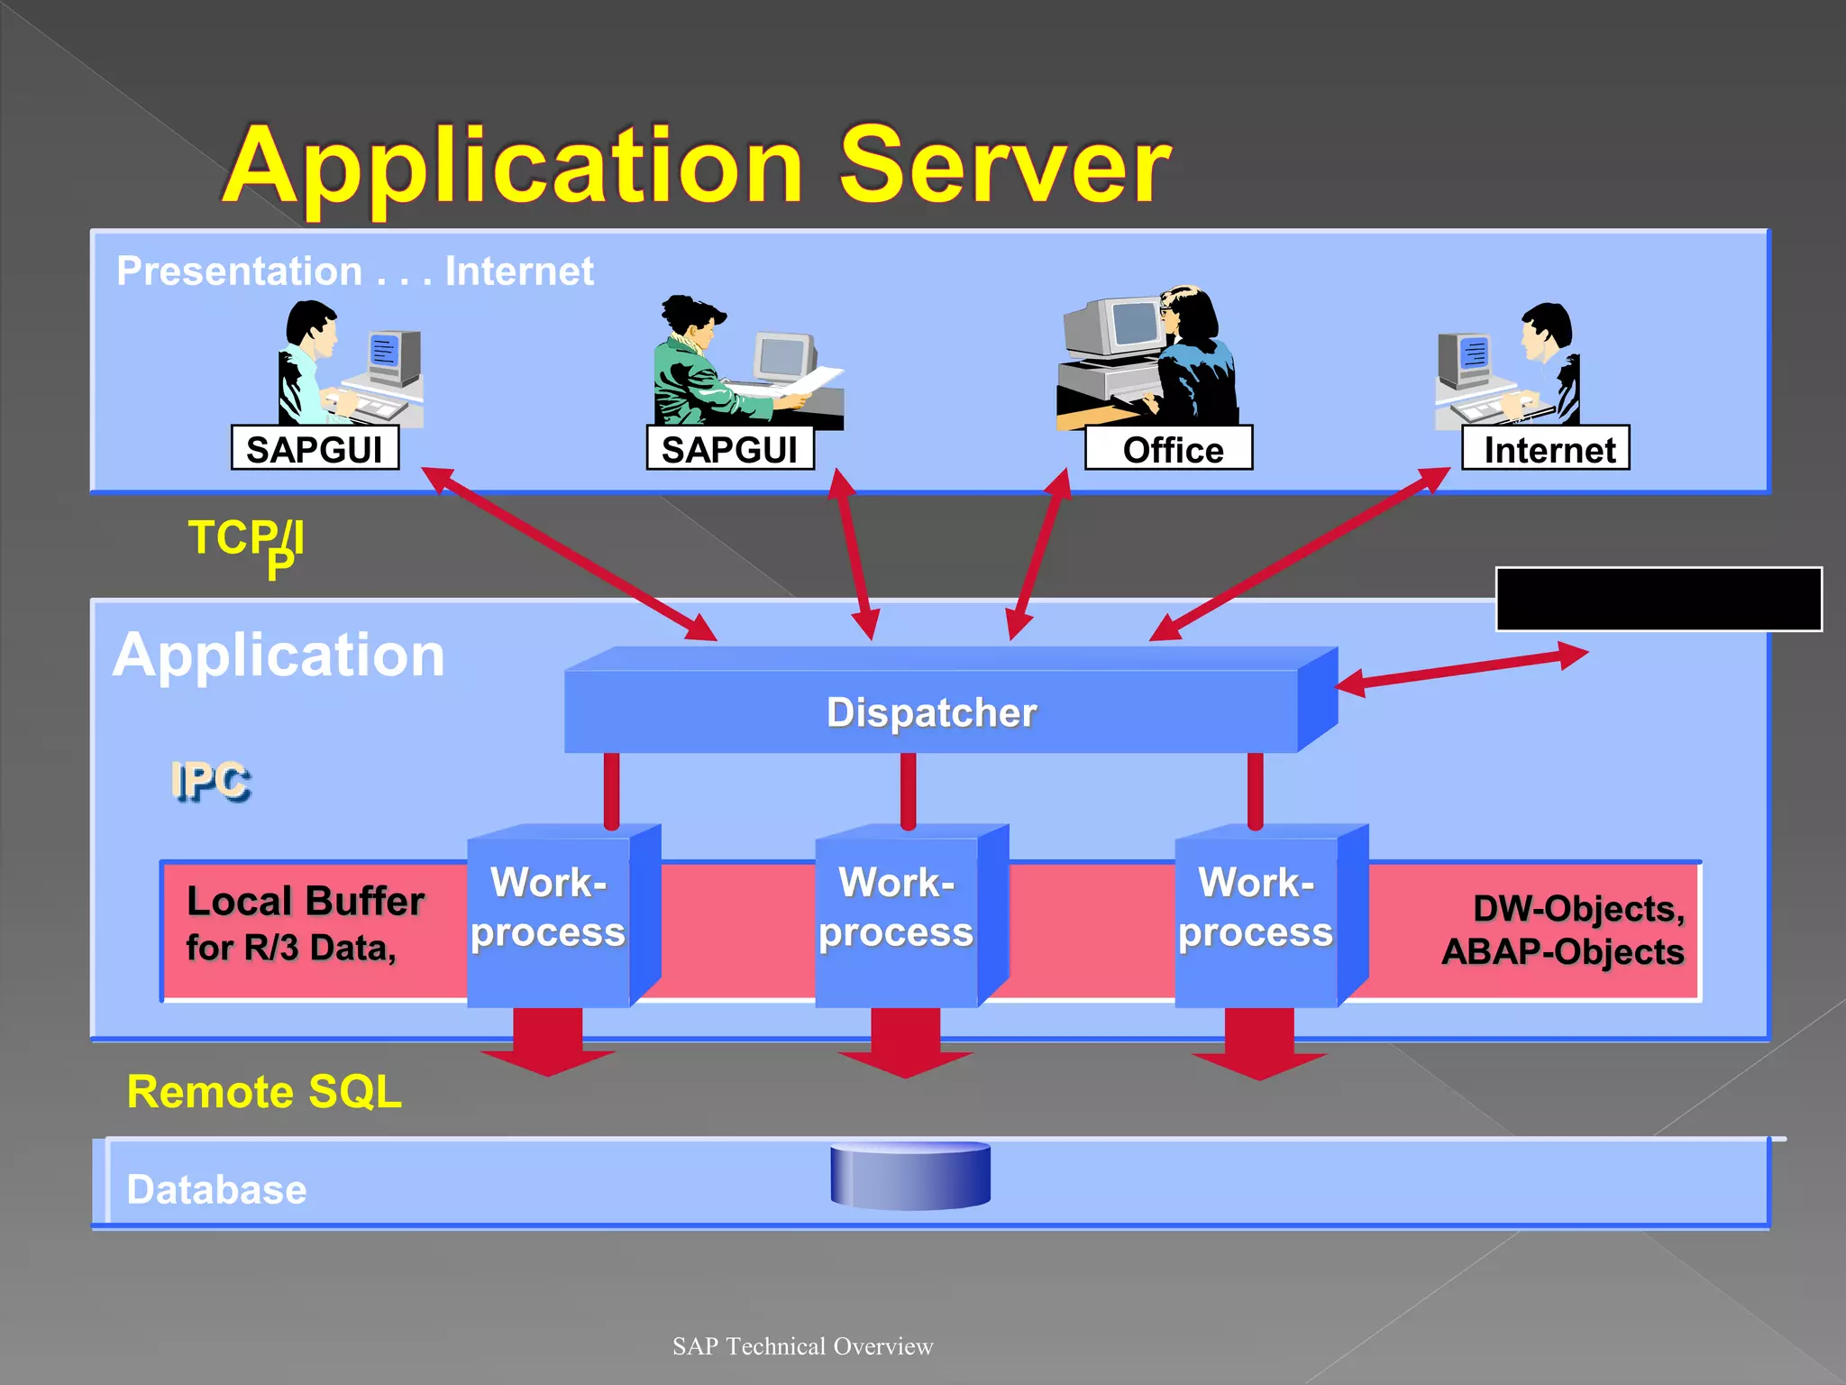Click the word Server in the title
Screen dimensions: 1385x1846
pyautogui.click(x=1005, y=167)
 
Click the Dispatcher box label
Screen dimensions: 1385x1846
pyautogui.click(x=931, y=712)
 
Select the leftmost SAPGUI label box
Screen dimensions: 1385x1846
pyautogui.click(x=315, y=448)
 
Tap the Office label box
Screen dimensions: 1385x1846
pyautogui.click(x=1169, y=448)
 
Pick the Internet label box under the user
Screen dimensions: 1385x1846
pyautogui.click(x=1546, y=448)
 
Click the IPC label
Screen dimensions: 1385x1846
pyautogui.click(x=210, y=781)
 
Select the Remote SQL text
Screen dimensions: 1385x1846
pyautogui.click(x=264, y=1092)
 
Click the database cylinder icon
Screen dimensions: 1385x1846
pyautogui.click(x=910, y=1175)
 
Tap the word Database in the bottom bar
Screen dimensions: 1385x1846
pyautogui.click(x=216, y=1189)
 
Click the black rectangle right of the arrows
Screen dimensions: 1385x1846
pyautogui.click(x=1659, y=599)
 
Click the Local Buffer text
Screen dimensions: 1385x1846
pyautogui.click(x=305, y=902)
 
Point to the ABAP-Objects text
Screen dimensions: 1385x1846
pyautogui.click(x=1562, y=952)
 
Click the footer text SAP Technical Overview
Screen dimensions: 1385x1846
pyautogui.click(x=802, y=1346)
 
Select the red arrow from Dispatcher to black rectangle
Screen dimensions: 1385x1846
pyautogui.click(x=1460, y=670)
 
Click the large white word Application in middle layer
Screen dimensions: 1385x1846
pyautogui.click(x=279, y=656)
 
